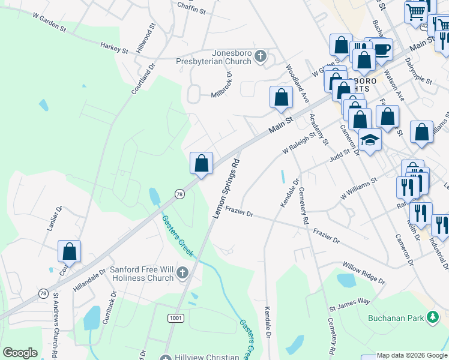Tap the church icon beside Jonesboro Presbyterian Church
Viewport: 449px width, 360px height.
point(260,57)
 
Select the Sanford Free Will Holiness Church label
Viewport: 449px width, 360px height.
point(142,274)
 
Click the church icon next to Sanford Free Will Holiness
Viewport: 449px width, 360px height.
point(183,274)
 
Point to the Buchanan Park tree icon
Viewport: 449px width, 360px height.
point(432,317)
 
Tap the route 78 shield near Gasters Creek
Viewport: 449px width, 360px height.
point(179,194)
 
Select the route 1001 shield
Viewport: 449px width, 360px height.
point(176,317)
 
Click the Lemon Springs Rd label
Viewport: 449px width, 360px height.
point(226,188)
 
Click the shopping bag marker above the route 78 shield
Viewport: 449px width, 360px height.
point(202,163)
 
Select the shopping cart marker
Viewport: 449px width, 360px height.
point(415,12)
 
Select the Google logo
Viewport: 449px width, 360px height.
point(20,353)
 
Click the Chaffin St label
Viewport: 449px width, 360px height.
point(191,10)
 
